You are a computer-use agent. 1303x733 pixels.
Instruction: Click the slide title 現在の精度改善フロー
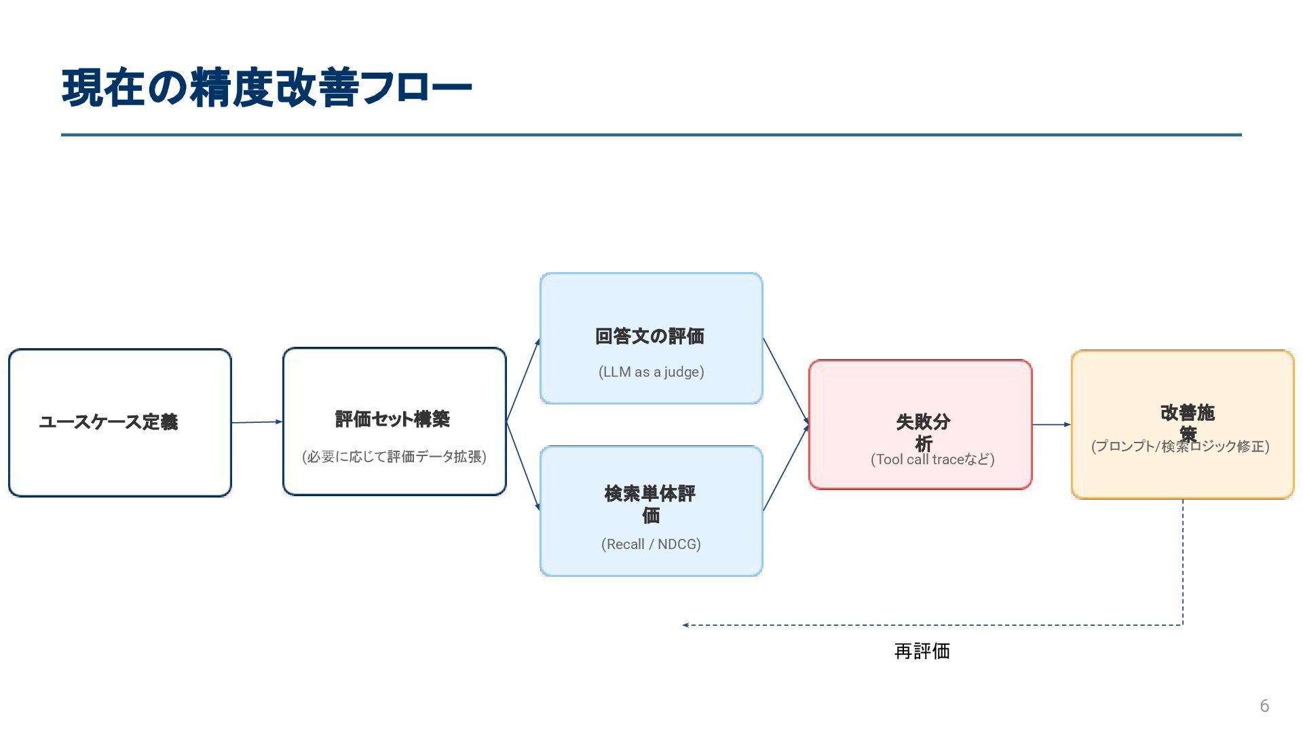[266, 88]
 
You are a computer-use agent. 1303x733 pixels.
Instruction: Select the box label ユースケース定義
[109, 422]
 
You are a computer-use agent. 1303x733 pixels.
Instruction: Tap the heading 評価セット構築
[393, 419]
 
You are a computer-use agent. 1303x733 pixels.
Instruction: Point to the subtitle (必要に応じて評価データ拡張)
[394, 457]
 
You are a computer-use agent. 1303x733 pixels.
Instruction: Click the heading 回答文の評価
[650, 337]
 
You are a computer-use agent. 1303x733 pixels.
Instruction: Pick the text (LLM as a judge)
[651, 372]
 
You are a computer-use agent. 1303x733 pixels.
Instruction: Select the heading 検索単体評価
[650, 504]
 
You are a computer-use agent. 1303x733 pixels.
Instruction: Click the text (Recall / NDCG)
[651, 544]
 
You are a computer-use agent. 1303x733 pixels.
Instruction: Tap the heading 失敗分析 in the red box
[923, 432]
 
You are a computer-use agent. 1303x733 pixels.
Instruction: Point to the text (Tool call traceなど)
[932, 459]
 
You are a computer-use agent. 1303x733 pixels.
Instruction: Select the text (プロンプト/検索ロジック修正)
[1180, 447]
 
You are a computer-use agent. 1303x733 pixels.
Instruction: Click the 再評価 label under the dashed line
[922, 652]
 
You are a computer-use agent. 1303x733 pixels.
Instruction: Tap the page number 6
[1264, 706]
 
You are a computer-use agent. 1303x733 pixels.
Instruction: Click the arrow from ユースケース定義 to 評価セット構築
[257, 422]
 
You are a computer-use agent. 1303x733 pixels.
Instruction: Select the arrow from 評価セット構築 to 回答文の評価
[523, 380]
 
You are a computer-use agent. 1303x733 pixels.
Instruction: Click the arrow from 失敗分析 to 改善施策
[1051, 425]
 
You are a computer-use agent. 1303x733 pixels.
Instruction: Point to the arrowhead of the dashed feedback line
[686, 625]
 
